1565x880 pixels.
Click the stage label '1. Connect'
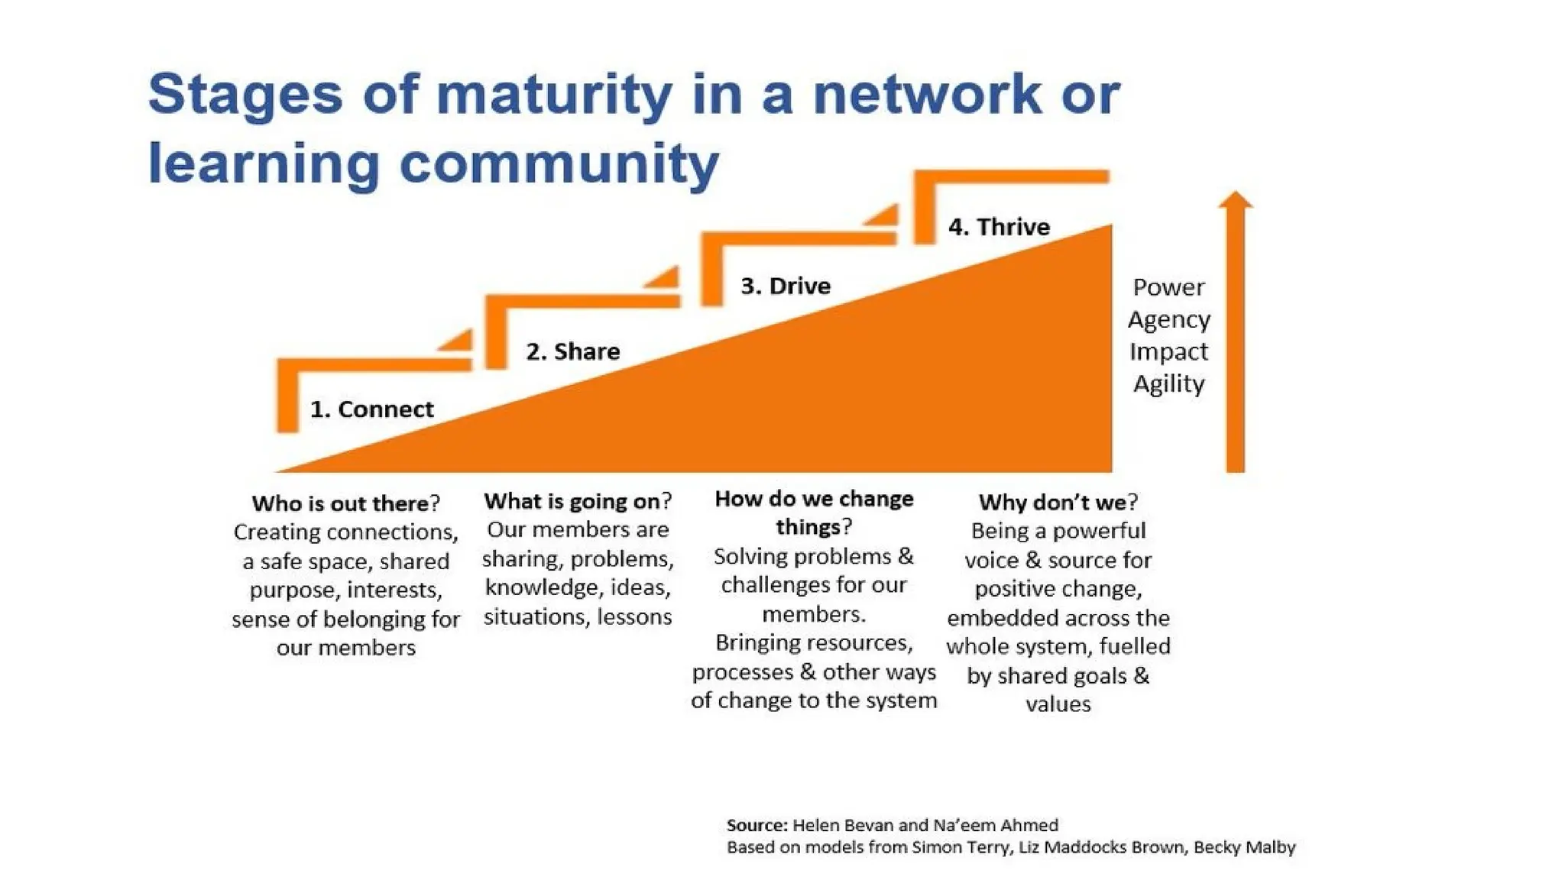(x=371, y=409)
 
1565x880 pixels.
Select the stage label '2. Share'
(x=572, y=351)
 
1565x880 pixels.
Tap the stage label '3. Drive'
(x=785, y=286)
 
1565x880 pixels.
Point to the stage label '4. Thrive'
(x=999, y=227)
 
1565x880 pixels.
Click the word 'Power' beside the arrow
(x=1168, y=287)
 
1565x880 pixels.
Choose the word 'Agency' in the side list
(x=1168, y=319)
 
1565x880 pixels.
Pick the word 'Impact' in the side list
(x=1168, y=351)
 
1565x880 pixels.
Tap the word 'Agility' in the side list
(x=1168, y=383)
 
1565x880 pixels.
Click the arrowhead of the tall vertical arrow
(x=1235, y=200)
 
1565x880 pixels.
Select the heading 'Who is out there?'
(x=345, y=503)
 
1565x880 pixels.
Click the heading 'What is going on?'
(x=578, y=501)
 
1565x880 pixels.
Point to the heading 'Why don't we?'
(x=1058, y=502)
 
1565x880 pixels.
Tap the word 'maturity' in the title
(x=554, y=94)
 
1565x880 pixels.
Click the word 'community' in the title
(x=559, y=163)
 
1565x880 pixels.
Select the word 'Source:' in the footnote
(x=757, y=825)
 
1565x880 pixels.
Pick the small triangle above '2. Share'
(x=663, y=277)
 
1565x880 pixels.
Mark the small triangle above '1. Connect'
(x=457, y=341)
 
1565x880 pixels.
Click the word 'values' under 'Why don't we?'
(x=1058, y=704)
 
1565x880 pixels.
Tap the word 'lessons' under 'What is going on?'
(x=634, y=616)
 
